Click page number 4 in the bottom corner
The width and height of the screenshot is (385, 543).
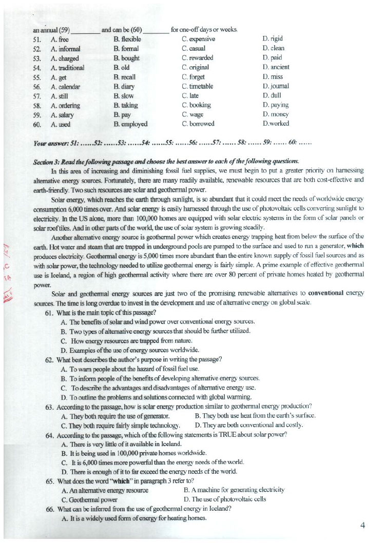(x=362, y=525)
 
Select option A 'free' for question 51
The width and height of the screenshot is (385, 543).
(x=60, y=39)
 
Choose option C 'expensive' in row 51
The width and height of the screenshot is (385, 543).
(x=198, y=39)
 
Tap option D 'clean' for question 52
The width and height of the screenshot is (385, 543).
(x=273, y=48)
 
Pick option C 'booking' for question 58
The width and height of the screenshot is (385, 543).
(x=197, y=105)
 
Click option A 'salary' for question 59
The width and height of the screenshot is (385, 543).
(x=63, y=114)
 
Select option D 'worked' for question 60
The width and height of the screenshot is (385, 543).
(x=276, y=124)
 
